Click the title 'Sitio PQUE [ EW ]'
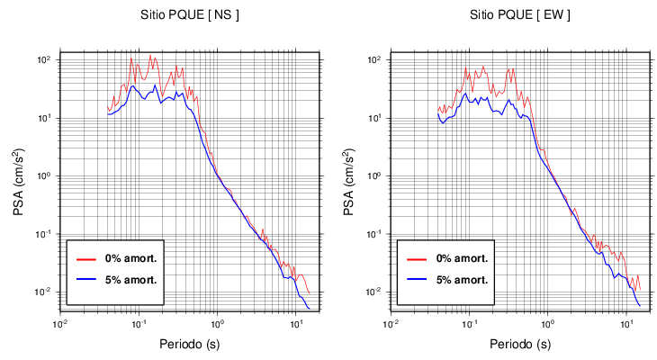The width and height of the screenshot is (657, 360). [519, 15]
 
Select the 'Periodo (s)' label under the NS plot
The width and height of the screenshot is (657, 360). [190, 344]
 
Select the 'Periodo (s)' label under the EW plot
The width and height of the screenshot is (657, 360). [519, 344]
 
